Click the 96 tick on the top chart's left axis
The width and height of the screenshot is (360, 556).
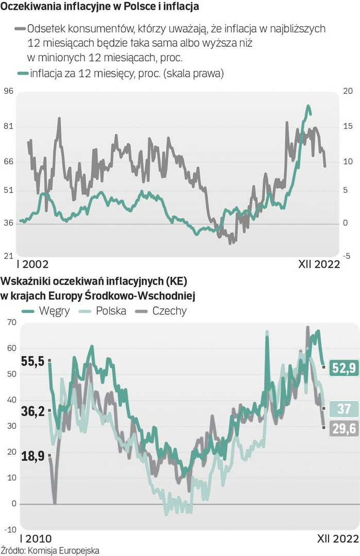point(9,92)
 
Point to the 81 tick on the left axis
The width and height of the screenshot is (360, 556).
point(9,127)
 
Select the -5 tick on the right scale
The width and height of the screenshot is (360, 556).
point(348,255)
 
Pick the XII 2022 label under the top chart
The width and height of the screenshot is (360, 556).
point(319,264)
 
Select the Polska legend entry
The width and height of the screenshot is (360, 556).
point(111,311)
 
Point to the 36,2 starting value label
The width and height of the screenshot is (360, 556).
point(32,411)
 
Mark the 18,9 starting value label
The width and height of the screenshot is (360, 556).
point(32,455)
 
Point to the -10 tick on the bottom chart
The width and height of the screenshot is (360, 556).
point(10,529)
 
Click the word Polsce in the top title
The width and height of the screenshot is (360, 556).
point(129,8)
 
